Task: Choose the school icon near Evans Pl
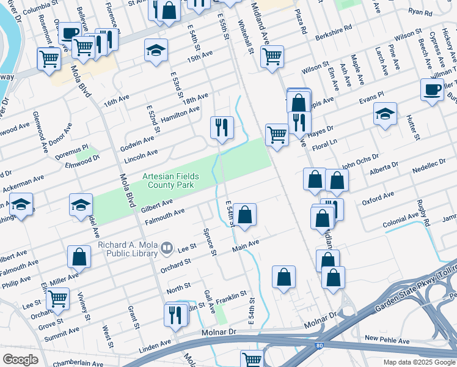click(x=385, y=114)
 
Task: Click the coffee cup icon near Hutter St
click(x=432, y=90)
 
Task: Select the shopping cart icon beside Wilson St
click(x=272, y=57)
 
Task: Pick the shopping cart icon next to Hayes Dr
click(x=277, y=135)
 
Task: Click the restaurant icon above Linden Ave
click(x=175, y=315)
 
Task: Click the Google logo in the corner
click(x=20, y=360)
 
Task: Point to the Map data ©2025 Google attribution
click(x=419, y=362)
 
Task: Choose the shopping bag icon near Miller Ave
click(x=79, y=257)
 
